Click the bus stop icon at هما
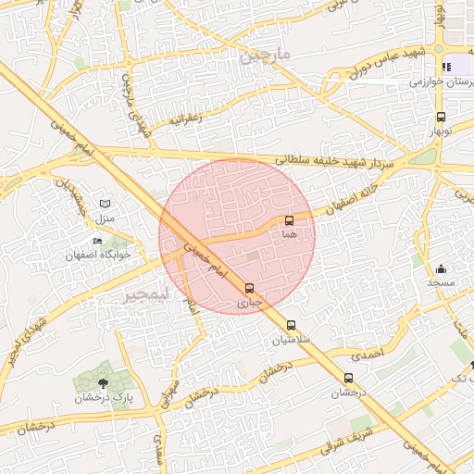tap(290, 220)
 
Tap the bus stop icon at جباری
tap(250, 288)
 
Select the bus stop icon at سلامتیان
tap(292, 325)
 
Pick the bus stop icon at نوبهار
tap(441, 118)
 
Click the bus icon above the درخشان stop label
tap(349, 378)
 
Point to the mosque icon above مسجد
tap(440, 268)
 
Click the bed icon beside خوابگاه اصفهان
tap(98, 241)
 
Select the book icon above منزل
tap(105, 204)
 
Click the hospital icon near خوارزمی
tap(447, 67)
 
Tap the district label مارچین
tap(266, 56)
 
